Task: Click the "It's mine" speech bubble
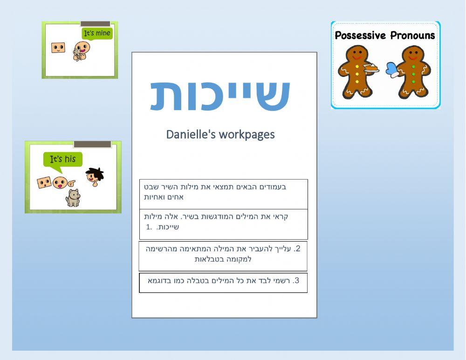pyautogui.click(x=97, y=34)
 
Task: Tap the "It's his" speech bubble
pyautogui.click(x=63, y=159)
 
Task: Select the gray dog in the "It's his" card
pyautogui.click(x=73, y=198)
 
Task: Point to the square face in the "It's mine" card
pyautogui.click(x=58, y=48)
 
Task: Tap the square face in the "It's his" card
pyautogui.click(x=44, y=182)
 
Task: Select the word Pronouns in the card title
pyautogui.click(x=412, y=35)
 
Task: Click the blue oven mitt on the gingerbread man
pyautogui.click(x=392, y=70)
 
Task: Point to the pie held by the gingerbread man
pyautogui.click(x=371, y=69)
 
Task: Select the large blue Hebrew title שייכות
pyautogui.click(x=220, y=95)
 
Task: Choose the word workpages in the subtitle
pyautogui.click(x=247, y=134)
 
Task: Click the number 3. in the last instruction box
pyautogui.click(x=296, y=281)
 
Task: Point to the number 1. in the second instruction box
pyautogui.click(x=149, y=227)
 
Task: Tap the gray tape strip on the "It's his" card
pyautogui.click(x=92, y=145)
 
